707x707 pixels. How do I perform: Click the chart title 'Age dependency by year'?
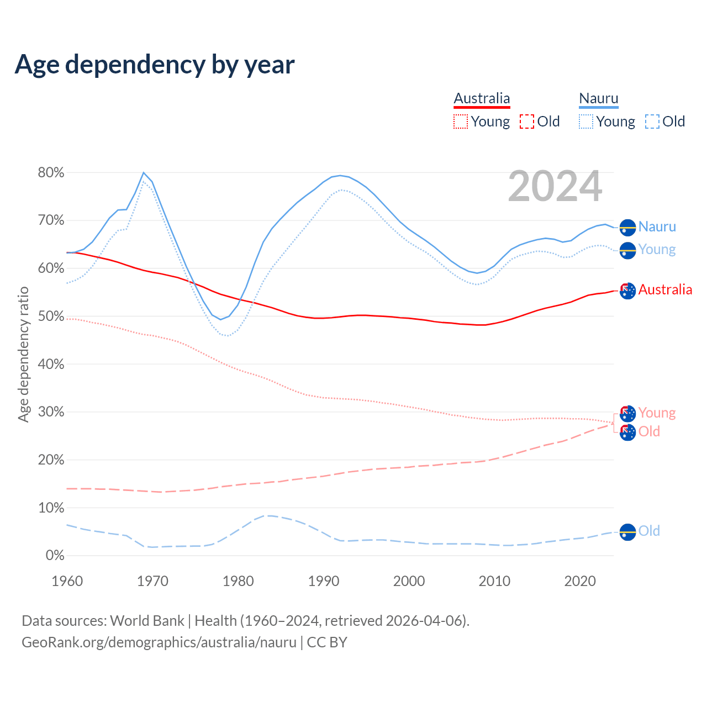(155, 64)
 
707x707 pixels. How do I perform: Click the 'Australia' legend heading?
(482, 98)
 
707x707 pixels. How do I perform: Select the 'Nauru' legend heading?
(599, 98)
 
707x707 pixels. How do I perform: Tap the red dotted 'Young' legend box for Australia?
(460, 122)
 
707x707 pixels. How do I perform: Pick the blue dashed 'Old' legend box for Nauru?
(652, 122)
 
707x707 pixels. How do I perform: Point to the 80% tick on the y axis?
(51, 173)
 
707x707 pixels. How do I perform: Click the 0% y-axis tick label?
(55, 556)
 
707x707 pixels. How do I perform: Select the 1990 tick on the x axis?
(324, 581)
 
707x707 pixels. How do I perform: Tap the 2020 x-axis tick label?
(580, 581)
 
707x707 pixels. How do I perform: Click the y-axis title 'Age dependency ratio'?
(23, 354)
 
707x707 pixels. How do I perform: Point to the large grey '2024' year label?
(555, 187)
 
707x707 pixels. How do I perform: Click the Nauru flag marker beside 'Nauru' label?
(627, 227)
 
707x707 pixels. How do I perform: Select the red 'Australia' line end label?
(665, 289)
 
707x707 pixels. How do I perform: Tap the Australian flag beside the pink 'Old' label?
(627, 432)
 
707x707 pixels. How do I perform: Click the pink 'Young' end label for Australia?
(657, 413)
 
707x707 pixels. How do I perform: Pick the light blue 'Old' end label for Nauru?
(649, 531)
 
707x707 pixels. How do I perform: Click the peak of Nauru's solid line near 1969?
(144, 173)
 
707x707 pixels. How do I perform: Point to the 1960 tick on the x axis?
(67, 581)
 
